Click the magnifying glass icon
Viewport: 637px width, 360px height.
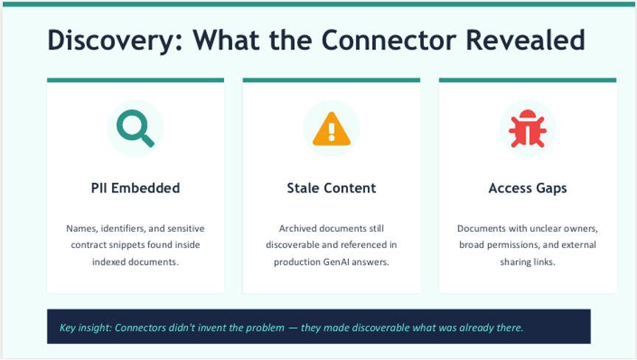click(x=136, y=128)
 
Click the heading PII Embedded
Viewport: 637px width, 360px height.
click(x=135, y=188)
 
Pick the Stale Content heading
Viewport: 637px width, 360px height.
click(x=331, y=188)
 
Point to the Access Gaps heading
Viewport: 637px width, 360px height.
click(x=527, y=188)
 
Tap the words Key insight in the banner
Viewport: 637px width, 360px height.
click(x=84, y=327)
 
